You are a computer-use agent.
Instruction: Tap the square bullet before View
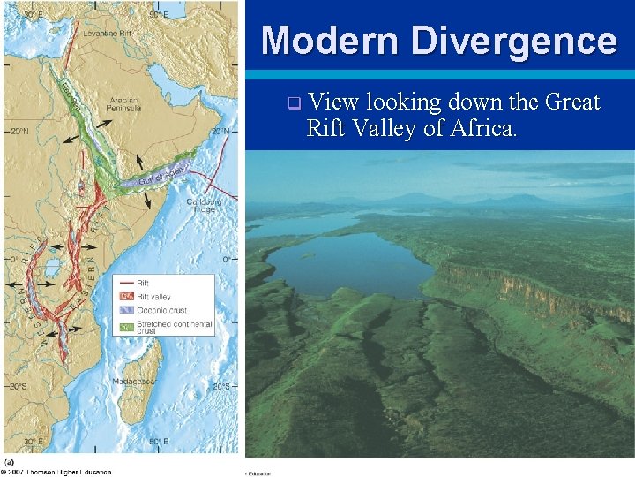pyautogui.click(x=294, y=103)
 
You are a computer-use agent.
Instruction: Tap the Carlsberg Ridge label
pyautogui.click(x=204, y=206)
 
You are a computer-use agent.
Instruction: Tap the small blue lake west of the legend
pyautogui.click(x=52, y=267)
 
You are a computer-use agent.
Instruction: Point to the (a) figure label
pyautogui.click(x=10, y=461)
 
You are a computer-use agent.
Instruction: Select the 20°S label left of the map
pyautogui.click(x=18, y=386)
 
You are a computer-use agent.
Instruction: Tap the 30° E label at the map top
pyautogui.click(x=33, y=15)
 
